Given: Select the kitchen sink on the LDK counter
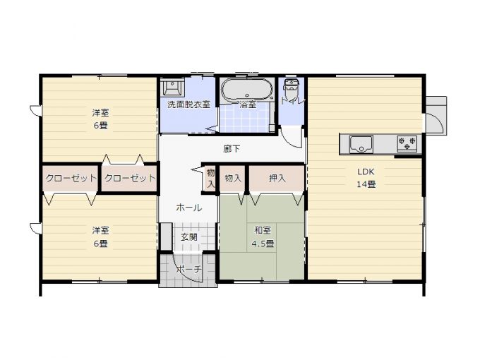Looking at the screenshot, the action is (361, 144).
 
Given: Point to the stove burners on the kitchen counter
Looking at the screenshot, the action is (407, 143).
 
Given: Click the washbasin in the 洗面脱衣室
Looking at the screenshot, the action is (173, 88).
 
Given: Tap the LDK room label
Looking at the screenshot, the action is (366, 172).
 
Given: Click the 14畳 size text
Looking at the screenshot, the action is (366, 184).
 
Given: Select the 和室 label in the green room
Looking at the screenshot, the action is (263, 231).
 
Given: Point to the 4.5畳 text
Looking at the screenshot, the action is (263, 244).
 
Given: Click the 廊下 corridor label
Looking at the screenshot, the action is (232, 149).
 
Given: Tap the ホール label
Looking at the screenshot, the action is (189, 208).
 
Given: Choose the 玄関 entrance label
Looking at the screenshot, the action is (189, 237).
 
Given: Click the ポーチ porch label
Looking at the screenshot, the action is (189, 270).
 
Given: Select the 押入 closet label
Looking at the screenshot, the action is (277, 178).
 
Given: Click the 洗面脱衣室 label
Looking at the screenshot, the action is (188, 104).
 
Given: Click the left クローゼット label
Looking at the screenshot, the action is (71, 178).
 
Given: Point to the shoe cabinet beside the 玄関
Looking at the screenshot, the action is (166, 236).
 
